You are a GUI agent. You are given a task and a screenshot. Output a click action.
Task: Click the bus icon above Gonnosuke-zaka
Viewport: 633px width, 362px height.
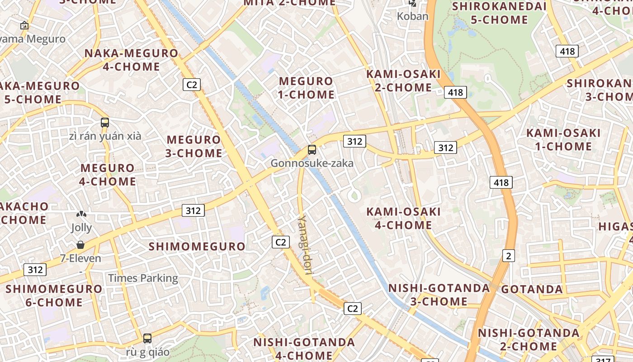tap(312, 150)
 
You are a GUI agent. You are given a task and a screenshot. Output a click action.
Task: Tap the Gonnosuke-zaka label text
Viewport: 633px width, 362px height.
tap(312, 163)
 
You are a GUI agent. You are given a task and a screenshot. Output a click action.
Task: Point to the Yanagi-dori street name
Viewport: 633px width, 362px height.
tap(305, 244)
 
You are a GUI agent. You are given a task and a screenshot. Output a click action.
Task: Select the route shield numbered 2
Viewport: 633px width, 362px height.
tap(509, 256)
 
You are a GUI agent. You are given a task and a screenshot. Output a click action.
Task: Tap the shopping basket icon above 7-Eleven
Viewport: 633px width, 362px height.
tap(80, 245)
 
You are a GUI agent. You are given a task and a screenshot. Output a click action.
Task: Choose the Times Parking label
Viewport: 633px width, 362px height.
tap(143, 278)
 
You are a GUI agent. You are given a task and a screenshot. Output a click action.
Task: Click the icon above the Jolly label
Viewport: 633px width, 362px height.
tap(81, 214)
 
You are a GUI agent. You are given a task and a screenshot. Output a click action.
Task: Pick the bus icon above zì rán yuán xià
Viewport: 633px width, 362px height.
tap(105, 122)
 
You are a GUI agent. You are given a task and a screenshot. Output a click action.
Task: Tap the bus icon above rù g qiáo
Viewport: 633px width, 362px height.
tap(147, 338)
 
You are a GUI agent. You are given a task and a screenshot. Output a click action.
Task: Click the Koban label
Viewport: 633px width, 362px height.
tap(412, 16)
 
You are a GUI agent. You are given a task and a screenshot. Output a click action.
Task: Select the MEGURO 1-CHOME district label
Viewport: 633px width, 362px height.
tap(307, 88)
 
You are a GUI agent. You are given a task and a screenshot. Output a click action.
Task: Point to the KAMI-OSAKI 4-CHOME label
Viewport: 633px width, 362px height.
tap(403, 218)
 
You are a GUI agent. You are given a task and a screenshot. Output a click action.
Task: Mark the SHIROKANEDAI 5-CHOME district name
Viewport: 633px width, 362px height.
tap(499, 13)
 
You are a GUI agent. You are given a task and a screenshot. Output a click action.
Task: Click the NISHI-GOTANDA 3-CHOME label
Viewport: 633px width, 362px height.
tap(439, 295)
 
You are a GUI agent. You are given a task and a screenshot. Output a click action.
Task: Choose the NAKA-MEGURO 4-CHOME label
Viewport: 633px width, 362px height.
tap(132, 60)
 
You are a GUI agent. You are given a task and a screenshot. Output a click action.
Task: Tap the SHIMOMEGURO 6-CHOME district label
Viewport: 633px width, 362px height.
tap(54, 295)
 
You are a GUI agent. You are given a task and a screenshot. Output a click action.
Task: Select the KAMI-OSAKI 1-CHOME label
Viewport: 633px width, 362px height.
tap(563, 140)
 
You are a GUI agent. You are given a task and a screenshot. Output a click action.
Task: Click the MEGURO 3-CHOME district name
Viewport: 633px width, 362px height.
tap(194, 146)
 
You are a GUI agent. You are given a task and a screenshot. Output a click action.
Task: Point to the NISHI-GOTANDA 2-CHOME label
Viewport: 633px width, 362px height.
tap(528, 339)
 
